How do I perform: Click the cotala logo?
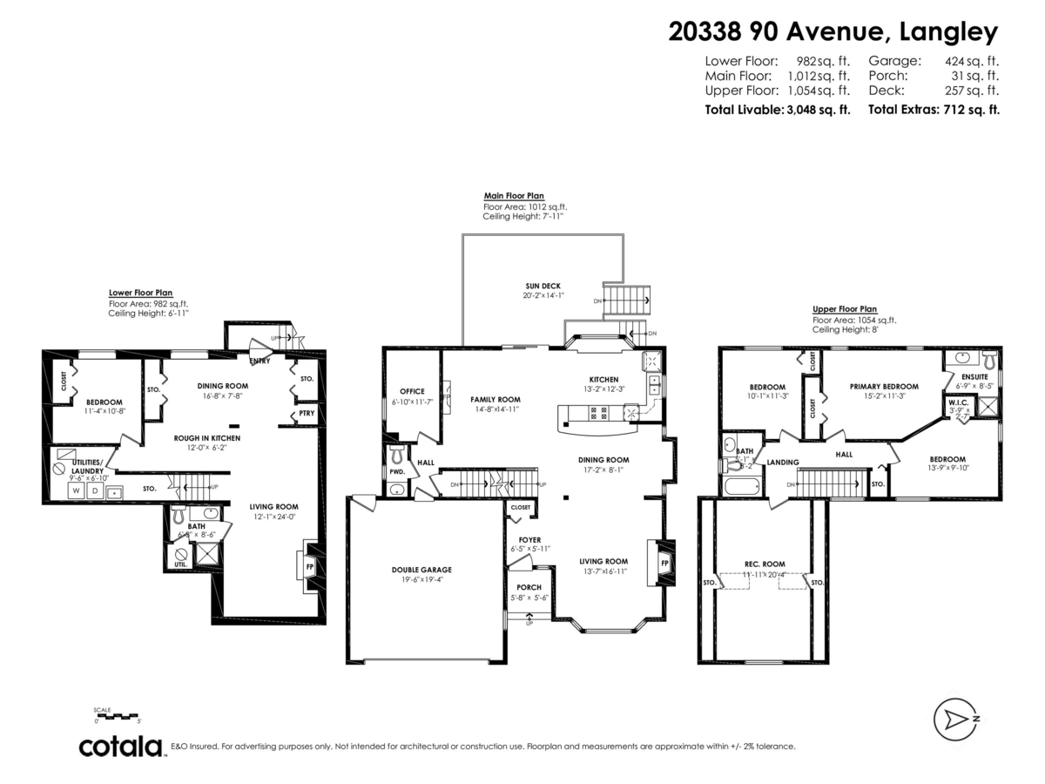pos(121,747)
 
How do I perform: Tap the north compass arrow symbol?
pos(957,719)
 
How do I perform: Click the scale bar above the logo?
pos(117,717)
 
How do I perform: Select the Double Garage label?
pos(421,570)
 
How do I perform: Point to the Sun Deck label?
pos(543,286)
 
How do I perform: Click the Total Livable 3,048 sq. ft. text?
pos(777,110)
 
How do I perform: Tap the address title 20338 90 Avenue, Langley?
pos(833,32)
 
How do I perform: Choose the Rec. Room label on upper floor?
pos(765,563)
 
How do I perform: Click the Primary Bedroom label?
pos(884,386)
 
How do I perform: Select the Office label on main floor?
pos(412,391)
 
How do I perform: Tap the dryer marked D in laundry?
pos(95,491)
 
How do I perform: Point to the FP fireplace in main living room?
pos(664,563)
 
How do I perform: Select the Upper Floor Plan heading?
pos(844,308)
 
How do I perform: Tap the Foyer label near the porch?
pos(529,540)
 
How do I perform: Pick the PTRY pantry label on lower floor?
pos(306,414)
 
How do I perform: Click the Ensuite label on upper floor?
pos(974,376)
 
